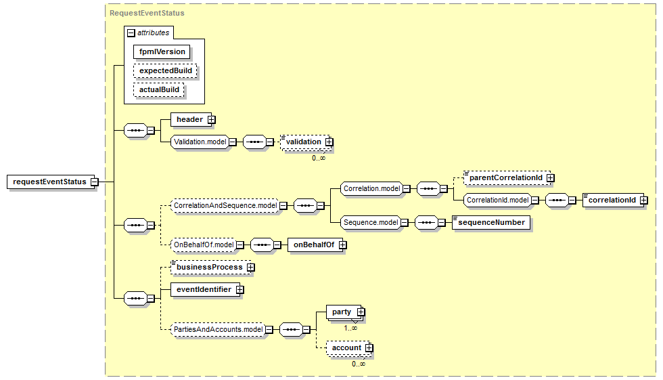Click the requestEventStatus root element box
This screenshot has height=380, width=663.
point(49,182)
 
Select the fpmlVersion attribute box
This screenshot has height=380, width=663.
point(162,51)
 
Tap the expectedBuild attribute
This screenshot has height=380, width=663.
point(166,70)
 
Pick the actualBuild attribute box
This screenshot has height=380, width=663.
point(159,89)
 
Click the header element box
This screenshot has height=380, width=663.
point(189,119)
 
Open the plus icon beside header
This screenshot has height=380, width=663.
point(211,120)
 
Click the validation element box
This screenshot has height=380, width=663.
point(302,142)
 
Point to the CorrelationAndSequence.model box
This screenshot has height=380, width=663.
point(225,205)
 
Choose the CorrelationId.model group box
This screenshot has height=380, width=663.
point(497,200)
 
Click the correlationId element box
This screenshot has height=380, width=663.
point(612,200)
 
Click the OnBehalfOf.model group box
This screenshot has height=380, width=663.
point(203,245)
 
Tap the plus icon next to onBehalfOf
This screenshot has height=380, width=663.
point(342,245)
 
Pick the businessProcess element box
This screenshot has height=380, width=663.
point(209,268)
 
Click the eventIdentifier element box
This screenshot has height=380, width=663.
point(203,289)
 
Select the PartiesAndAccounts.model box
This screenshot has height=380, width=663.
point(217,329)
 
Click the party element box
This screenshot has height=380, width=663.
point(342,312)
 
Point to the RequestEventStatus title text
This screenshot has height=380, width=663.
point(147,13)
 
